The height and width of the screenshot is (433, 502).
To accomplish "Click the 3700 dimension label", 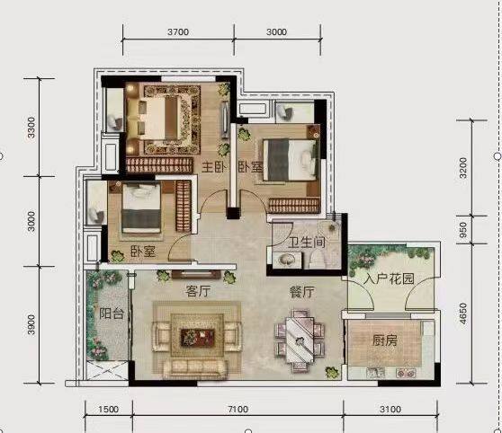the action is pos(178,32).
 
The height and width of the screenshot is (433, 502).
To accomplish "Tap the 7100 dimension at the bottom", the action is pos(238,410).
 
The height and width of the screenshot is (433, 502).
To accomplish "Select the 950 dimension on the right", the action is pos(463,230).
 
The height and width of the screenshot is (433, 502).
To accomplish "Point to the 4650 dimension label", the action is pos(463,314).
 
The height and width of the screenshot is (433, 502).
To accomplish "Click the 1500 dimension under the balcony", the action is pos(108,410).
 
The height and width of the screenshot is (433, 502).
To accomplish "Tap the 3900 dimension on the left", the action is pos(31,324).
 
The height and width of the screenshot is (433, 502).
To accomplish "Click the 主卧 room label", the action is pos(214,167).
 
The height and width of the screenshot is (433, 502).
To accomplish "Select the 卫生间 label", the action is pos(307,242).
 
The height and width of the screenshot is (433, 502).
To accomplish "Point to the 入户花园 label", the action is pos(389,279).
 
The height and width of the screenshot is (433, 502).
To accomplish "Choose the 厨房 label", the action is pos(385,340).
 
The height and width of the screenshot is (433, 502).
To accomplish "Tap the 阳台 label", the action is pos(111,314).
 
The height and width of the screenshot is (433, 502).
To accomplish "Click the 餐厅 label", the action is pos(302,292).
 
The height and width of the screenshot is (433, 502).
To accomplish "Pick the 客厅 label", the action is pos(198,291).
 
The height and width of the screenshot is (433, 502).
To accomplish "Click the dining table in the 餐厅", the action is pos(300,340).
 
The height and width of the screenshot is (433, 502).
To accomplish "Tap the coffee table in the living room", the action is pos(197,338).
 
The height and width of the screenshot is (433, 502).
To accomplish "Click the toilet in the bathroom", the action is pos(317,259).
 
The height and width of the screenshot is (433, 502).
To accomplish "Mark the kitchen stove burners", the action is pos(406,373).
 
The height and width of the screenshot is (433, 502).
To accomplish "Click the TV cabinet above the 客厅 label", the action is pos(196,274).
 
